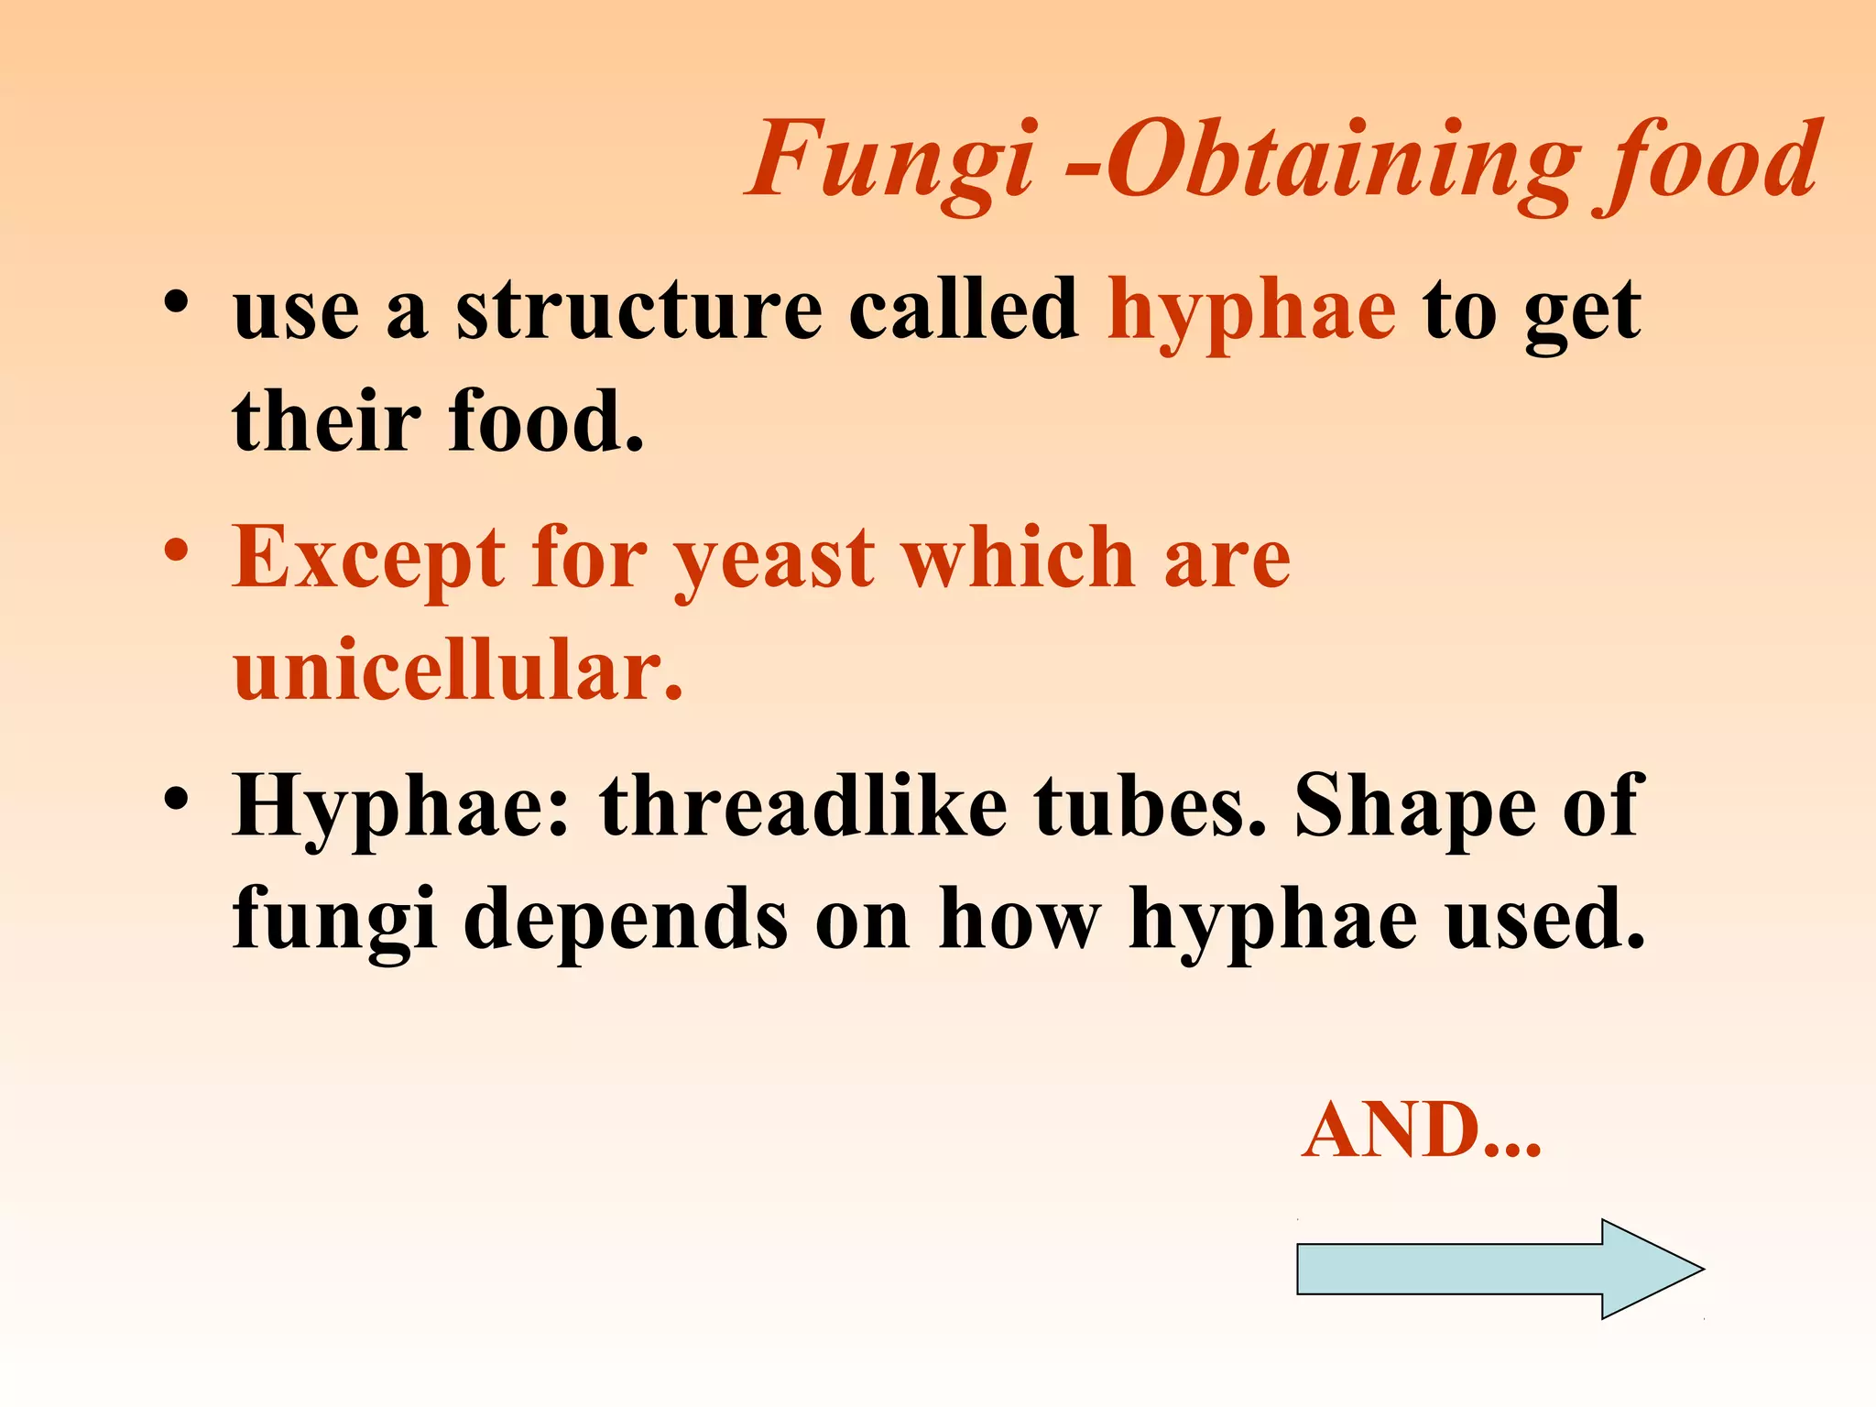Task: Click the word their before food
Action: [x=326, y=421]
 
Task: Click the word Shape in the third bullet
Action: [x=1414, y=806]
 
